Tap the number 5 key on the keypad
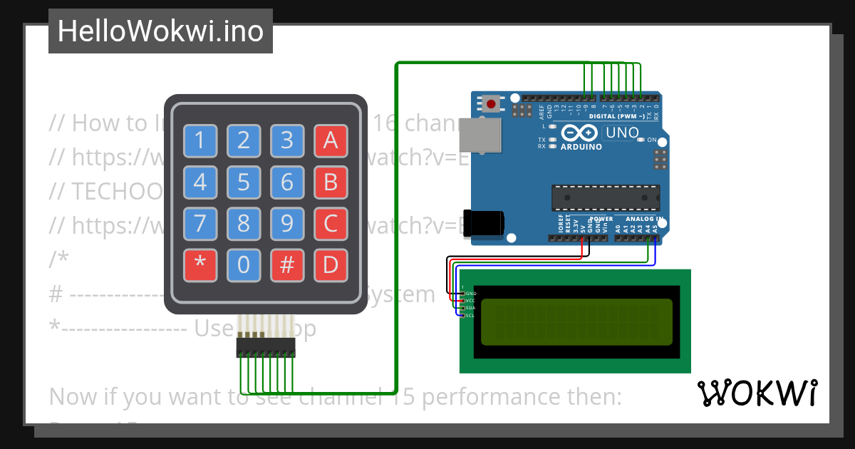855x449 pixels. [x=244, y=182]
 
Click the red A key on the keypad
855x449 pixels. [x=331, y=140]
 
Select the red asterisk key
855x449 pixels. [x=200, y=265]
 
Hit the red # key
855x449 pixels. [x=287, y=265]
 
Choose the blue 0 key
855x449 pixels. [x=244, y=265]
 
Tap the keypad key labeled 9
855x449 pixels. [x=287, y=224]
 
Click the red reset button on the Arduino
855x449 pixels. [x=491, y=105]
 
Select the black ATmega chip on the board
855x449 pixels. [x=606, y=197]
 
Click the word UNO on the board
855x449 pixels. [x=621, y=133]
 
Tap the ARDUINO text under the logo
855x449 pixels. [x=581, y=147]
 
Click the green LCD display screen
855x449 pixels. [x=576, y=321]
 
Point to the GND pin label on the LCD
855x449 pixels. [x=470, y=294]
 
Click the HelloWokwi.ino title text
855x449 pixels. [x=160, y=31]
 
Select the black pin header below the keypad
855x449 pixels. [x=266, y=348]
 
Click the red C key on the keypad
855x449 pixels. [x=331, y=224]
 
